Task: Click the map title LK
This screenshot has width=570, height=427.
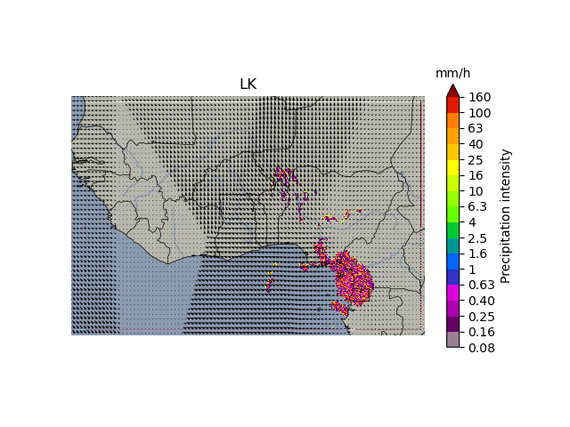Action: pos(248,85)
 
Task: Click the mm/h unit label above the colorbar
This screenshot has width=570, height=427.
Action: pos(452,73)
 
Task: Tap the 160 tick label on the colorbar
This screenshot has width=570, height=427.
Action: pos(480,97)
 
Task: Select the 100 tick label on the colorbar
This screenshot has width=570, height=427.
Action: pos(480,113)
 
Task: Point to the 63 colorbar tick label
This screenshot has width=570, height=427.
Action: pos(476,128)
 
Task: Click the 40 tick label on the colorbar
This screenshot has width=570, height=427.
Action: pos(476,144)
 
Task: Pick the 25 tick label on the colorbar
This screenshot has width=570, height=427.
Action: pos(476,160)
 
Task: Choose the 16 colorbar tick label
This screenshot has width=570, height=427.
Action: pos(476,175)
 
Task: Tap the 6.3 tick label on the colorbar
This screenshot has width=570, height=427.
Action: pos(478,206)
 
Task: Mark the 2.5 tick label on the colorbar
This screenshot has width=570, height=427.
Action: pos(478,238)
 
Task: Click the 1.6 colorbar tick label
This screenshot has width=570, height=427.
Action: pos(478,254)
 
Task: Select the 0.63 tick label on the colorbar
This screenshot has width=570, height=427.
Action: pos(482,285)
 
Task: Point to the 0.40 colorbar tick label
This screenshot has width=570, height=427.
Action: pos(482,301)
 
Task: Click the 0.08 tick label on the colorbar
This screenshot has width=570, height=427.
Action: pos(482,348)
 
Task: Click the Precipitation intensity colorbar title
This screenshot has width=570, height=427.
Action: pos(506,216)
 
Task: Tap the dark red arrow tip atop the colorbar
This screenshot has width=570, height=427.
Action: pos(452,90)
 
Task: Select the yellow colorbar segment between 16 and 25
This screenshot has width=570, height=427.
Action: pos(452,167)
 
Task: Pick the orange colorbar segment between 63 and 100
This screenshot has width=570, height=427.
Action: pos(452,120)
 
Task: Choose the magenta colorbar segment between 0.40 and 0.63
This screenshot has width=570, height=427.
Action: pos(452,293)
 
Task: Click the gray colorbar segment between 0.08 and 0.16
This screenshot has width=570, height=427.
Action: pos(452,340)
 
